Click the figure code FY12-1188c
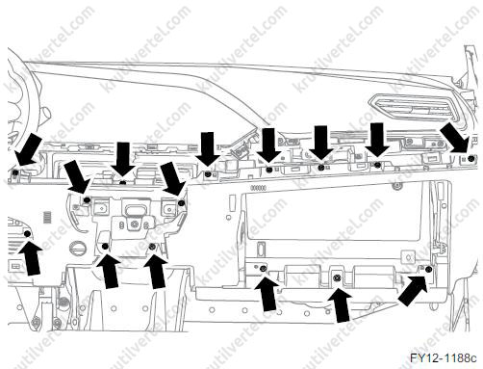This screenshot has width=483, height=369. [x=444, y=357]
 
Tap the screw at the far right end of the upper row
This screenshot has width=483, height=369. [x=470, y=159]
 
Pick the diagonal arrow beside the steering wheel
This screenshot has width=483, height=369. [x=28, y=149]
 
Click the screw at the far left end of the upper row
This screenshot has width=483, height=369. [x=15, y=173]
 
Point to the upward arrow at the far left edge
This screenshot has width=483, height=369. [x=30, y=258]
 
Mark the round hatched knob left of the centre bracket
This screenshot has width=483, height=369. [x=78, y=249]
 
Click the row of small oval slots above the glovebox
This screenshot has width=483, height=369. [x=259, y=188]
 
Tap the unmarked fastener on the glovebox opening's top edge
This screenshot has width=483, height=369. [x=397, y=185]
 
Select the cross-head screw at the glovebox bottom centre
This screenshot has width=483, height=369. [x=337, y=277]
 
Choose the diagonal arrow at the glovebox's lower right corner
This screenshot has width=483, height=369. [x=413, y=291]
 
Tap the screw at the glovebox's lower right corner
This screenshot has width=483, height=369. [x=428, y=270]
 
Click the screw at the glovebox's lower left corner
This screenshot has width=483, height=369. [x=264, y=269]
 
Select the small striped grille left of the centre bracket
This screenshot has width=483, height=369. [x=47, y=218]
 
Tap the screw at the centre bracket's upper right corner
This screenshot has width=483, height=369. [x=181, y=203]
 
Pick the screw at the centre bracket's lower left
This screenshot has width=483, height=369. [x=105, y=247]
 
